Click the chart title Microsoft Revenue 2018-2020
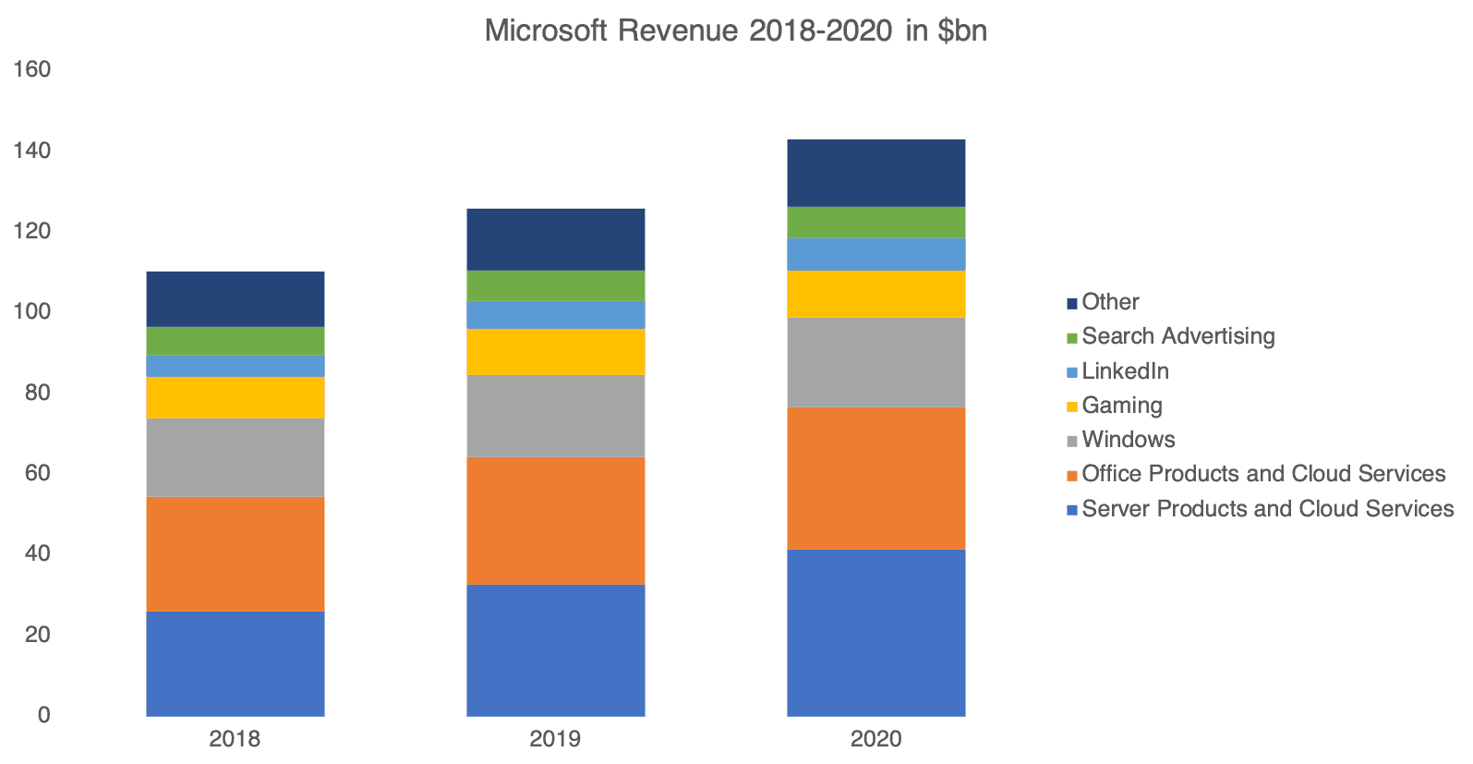point(735,31)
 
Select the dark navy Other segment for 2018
point(235,298)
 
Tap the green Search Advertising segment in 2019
point(555,285)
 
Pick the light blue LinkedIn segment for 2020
point(875,254)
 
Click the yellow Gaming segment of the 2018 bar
point(235,397)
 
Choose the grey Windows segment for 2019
point(555,416)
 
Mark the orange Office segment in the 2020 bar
point(875,478)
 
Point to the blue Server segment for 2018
point(235,663)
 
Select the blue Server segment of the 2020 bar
point(875,633)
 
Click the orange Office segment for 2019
point(555,520)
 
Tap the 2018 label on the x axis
point(235,739)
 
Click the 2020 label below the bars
point(875,739)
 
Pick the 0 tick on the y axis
point(43,715)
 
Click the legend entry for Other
point(1110,302)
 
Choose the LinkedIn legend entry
point(1125,371)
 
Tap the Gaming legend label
point(1121,406)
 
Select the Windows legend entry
point(1128,440)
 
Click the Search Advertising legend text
point(1177,336)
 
